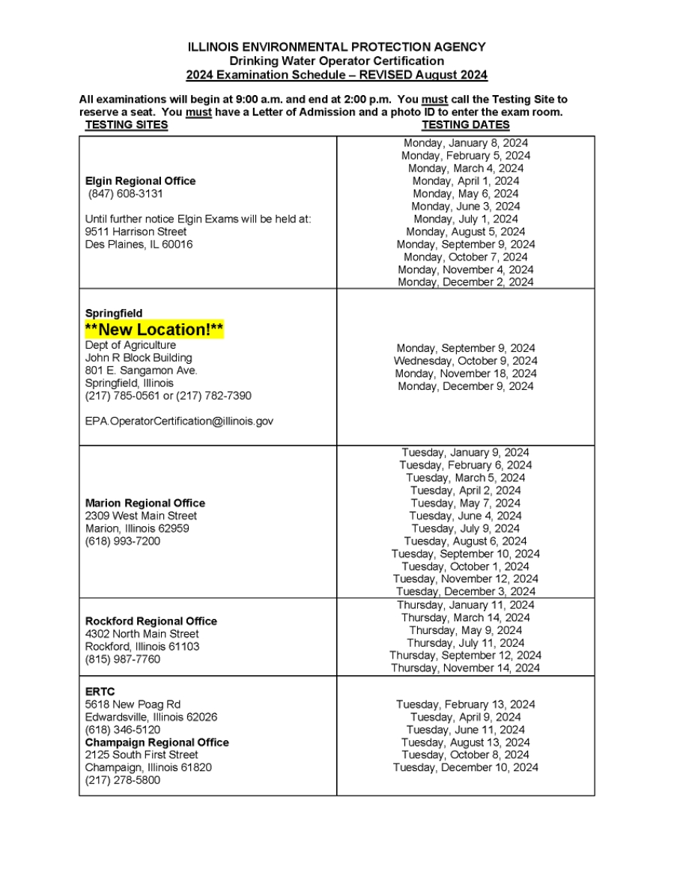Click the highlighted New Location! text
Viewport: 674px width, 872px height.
pyautogui.click(x=154, y=330)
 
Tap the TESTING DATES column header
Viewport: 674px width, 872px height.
pyautogui.click(x=465, y=125)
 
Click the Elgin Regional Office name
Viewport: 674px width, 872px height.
pyautogui.click(x=140, y=181)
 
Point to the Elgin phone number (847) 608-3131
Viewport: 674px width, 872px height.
pyautogui.click(x=125, y=194)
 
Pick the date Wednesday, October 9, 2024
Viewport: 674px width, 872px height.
pyautogui.click(x=465, y=361)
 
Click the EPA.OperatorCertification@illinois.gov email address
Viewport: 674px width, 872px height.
pyautogui.click(x=179, y=421)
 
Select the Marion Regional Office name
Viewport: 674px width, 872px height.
pyautogui.click(x=145, y=503)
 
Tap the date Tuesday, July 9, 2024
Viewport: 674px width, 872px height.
pyautogui.click(x=465, y=528)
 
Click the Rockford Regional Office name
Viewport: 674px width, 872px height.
pyautogui.click(x=151, y=621)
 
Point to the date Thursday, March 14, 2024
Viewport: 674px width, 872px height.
pyautogui.click(x=465, y=618)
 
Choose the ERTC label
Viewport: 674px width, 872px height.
pyautogui.click(x=100, y=692)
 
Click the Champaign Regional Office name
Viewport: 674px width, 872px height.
pyautogui.click(x=157, y=743)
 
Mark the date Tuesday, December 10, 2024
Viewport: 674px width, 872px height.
pyautogui.click(x=465, y=767)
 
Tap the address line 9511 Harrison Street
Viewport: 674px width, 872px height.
pyautogui.click(x=136, y=232)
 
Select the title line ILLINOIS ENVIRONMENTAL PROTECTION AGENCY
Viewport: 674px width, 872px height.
pyautogui.click(x=336, y=47)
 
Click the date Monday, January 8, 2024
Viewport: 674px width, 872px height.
pyautogui.click(x=465, y=143)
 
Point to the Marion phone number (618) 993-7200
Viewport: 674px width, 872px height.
pyautogui.click(x=122, y=541)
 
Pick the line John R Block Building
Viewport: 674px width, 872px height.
pyautogui.click(x=139, y=358)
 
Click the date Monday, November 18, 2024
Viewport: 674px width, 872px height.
pyautogui.click(x=465, y=374)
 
